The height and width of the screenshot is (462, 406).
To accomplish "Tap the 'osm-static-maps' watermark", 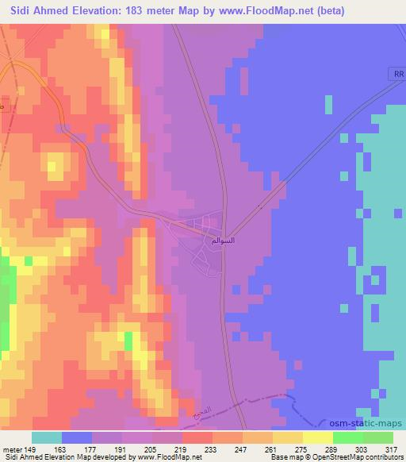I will pyautogui.click(x=364, y=425).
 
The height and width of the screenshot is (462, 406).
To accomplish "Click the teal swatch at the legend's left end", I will pyautogui.click(x=47, y=437).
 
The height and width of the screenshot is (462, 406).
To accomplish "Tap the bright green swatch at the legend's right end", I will pyautogui.click(x=377, y=437).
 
